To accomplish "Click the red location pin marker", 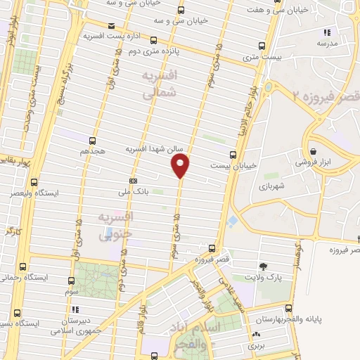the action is tap(181, 165).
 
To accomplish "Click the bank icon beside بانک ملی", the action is tap(133, 181).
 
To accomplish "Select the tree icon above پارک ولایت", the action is tap(264, 266).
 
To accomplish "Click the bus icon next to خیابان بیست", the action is tap(233, 155).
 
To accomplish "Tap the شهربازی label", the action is tap(268, 187).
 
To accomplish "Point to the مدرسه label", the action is tap(326, 43).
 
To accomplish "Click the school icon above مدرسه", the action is tap(326, 32).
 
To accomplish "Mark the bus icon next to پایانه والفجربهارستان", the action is tap(289, 309).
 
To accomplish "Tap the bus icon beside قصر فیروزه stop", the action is tap(212, 247).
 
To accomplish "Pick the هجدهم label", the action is tap(93, 150).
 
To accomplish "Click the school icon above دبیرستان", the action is tap(73, 309).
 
